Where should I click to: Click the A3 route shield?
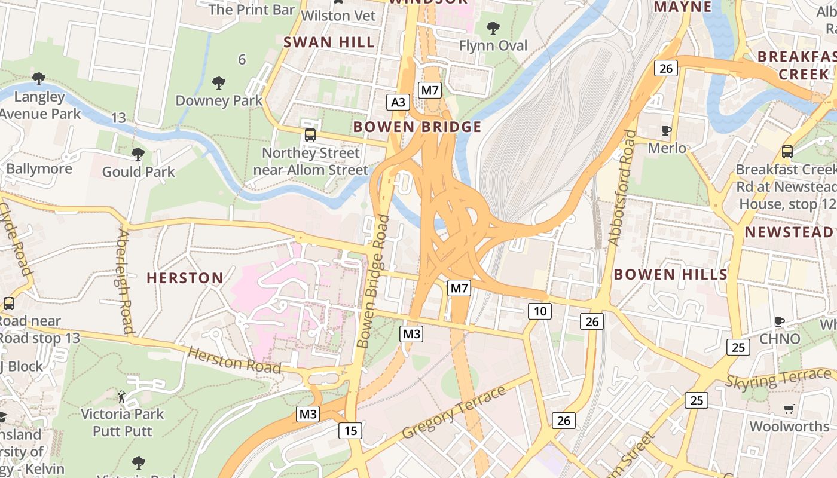click(x=398, y=102)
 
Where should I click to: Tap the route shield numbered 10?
click(x=539, y=311)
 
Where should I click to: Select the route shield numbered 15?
click(x=350, y=430)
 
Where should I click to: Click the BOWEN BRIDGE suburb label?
click(x=417, y=127)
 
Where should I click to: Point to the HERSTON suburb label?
click(x=185, y=278)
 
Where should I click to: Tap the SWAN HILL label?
click(x=329, y=42)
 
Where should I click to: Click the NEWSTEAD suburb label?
click(x=789, y=232)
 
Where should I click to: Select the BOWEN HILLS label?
click(x=671, y=274)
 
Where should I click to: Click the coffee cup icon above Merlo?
click(x=667, y=130)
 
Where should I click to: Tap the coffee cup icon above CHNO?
click(x=780, y=321)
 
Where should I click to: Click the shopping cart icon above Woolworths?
click(x=789, y=409)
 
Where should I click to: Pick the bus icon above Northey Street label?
click(x=310, y=135)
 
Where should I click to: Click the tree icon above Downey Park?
click(x=219, y=82)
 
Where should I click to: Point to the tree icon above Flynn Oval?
click(x=493, y=27)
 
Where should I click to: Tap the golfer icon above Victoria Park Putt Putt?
click(x=122, y=396)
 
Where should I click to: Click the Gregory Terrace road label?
click(x=454, y=412)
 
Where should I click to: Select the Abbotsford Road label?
click(x=622, y=188)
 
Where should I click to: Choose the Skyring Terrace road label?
click(x=778, y=378)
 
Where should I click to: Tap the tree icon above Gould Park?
click(x=138, y=154)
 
